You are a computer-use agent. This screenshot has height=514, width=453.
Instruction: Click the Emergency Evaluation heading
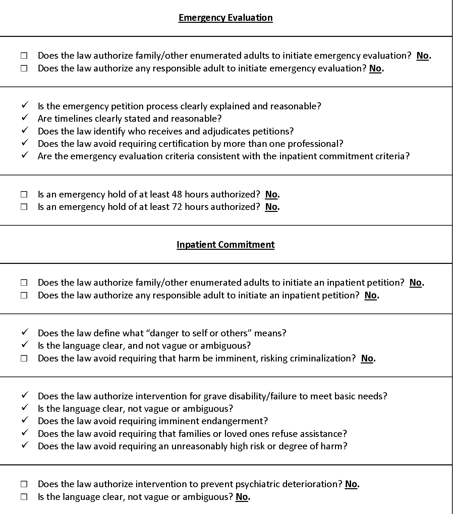click(225, 17)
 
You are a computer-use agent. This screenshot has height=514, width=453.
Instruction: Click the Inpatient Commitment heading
click(225, 244)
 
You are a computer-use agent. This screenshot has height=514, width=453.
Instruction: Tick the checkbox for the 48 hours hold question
click(24, 194)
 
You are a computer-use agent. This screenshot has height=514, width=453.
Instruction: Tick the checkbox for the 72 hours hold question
click(24, 207)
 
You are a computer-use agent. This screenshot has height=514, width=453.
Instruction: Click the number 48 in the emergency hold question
click(177, 194)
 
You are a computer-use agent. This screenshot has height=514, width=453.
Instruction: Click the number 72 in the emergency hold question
click(177, 207)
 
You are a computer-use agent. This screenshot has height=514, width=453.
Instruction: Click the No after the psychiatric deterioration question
click(351, 484)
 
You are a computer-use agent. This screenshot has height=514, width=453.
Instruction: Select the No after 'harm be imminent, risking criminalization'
click(367, 358)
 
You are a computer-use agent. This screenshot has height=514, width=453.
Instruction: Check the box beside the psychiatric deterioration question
click(24, 484)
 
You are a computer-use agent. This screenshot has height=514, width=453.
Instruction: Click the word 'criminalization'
click(321, 358)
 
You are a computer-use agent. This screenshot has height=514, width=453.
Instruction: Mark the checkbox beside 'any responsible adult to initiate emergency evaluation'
click(24, 68)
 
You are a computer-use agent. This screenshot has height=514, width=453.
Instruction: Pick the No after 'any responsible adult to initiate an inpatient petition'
click(371, 295)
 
